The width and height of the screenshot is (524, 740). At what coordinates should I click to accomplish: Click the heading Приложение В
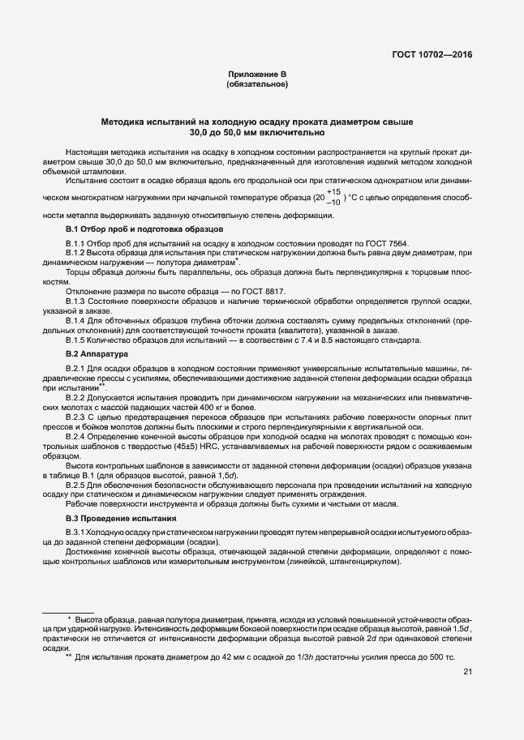[256, 75]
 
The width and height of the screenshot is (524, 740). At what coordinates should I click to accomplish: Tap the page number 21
[468, 672]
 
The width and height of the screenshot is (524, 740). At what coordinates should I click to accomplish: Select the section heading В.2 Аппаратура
[97, 354]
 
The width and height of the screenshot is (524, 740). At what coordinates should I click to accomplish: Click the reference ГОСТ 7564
[389, 243]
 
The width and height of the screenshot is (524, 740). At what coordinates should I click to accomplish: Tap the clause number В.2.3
[77, 416]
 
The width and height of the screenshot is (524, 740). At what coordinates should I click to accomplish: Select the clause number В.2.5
[77, 484]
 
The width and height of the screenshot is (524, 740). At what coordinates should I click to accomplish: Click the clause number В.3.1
[77, 530]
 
